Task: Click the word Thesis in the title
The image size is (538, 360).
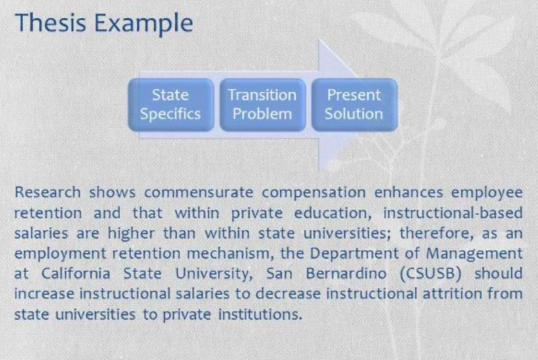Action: click(x=50, y=22)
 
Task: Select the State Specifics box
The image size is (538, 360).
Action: click(x=171, y=105)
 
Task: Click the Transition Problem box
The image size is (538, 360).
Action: click(x=263, y=105)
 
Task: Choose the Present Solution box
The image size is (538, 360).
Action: click(x=354, y=105)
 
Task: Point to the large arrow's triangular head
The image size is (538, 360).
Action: click(x=338, y=105)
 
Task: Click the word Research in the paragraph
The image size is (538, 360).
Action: click(x=48, y=192)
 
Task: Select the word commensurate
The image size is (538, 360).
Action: click(x=199, y=193)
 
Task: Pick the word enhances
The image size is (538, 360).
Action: click(x=409, y=192)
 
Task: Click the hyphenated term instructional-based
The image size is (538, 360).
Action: click(x=453, y=213)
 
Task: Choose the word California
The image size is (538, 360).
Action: click(x=76, y=274)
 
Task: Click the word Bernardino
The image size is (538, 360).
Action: click(x=346, y=274)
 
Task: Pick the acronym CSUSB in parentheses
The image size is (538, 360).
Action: click(x=431, y=274)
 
